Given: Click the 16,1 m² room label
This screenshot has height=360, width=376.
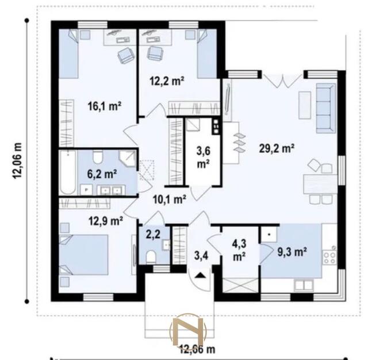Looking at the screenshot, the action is point(104,106).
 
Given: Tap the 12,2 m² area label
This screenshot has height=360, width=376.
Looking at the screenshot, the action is point(167,81).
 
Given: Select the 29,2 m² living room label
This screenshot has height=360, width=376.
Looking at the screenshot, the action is point(277,148).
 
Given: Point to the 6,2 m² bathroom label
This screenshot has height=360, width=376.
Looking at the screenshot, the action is point(102,174).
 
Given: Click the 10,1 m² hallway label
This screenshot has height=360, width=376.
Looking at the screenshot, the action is point(170,199).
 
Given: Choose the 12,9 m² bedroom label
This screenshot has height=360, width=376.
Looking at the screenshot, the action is point(106,221).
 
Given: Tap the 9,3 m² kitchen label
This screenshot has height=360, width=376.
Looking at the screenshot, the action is point(292,252).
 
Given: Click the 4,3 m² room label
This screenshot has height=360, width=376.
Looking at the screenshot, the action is point(239,251).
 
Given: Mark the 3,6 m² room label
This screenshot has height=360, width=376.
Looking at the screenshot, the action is point(204,158).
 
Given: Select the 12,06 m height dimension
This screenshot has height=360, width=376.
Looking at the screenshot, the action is point(17,160).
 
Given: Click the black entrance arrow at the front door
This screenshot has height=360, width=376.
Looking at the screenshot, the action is point(200,275).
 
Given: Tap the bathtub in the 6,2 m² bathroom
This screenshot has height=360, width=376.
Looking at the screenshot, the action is point(68,172).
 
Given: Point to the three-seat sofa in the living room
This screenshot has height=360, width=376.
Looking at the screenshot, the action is point(325,108).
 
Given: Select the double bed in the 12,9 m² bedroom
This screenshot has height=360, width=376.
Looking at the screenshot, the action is point(83,255).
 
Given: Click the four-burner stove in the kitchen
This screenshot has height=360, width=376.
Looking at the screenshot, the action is point(329,258).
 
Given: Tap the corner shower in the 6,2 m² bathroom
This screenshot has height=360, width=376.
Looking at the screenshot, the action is point(128,159).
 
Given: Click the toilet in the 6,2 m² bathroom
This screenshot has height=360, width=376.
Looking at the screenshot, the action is point(98,157).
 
